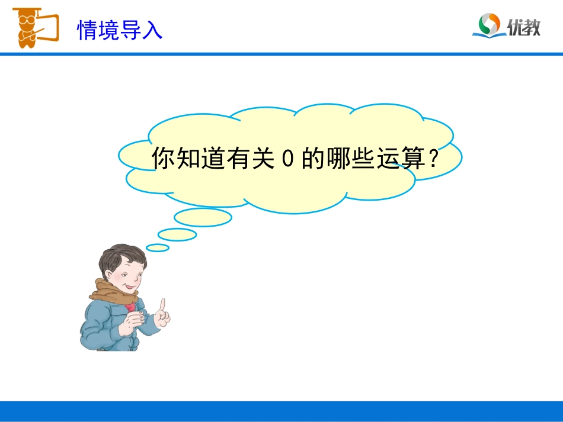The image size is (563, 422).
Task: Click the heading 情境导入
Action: click(x=120, y=30)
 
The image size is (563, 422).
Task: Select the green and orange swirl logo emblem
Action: click(x=490, y=24)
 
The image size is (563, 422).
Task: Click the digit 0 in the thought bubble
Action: click(x=287, y=159)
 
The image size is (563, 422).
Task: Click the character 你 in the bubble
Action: click(x=164, y=159)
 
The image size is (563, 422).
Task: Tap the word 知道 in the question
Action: click(x=201, y=159)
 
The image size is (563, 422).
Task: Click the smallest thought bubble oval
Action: click(x=158, y=247)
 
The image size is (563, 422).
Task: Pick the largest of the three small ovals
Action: click(x=203, y=217)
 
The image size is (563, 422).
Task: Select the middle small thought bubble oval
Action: click(x=177, y=234)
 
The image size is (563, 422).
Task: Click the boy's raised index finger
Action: click(x=162, y=304)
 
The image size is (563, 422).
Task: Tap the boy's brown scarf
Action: click(x=113, y=294)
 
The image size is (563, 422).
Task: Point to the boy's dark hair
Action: click(x=121, y=255)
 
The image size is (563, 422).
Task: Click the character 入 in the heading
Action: click(x=152, y=30)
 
